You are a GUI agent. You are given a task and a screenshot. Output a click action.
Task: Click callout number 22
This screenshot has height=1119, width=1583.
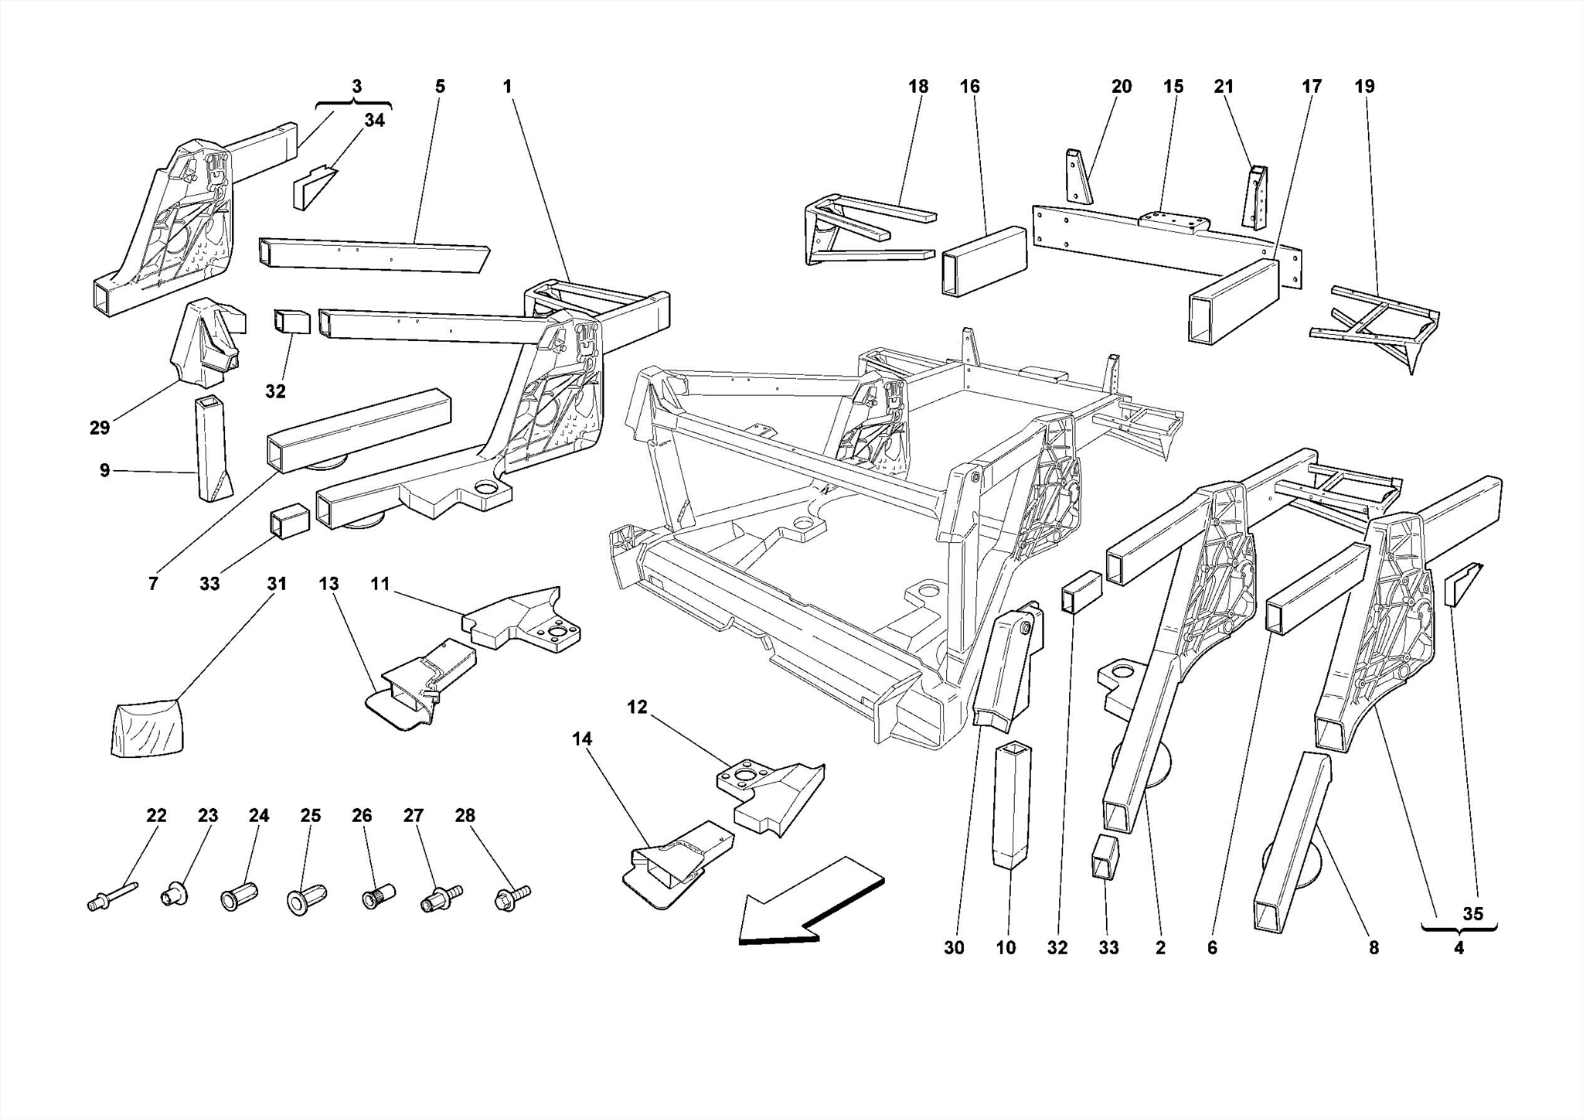156,815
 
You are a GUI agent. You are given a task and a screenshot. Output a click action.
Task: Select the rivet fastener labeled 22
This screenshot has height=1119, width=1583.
112,896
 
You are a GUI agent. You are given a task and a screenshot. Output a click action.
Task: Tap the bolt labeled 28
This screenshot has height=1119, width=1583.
512,897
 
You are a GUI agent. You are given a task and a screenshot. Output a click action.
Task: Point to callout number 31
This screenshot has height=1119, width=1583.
277,584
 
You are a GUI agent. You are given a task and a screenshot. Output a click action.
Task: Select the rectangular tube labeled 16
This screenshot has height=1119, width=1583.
983,261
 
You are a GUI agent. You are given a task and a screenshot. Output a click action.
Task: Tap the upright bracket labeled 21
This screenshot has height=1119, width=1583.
1257,197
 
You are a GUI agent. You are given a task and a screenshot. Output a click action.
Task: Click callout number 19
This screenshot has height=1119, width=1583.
1364,87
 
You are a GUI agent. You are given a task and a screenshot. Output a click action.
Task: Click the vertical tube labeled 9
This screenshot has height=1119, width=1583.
211,449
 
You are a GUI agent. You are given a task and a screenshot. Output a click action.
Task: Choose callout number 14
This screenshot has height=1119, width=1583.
581,739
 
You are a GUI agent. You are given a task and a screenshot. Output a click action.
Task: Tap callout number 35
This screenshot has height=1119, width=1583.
1472,913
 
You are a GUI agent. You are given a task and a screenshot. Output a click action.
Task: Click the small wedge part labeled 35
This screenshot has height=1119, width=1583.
1461,588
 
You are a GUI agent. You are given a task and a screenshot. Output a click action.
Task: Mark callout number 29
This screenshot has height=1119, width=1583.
100,428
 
